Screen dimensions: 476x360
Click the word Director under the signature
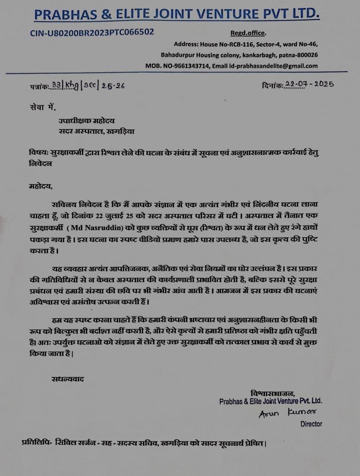pos(311,424)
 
